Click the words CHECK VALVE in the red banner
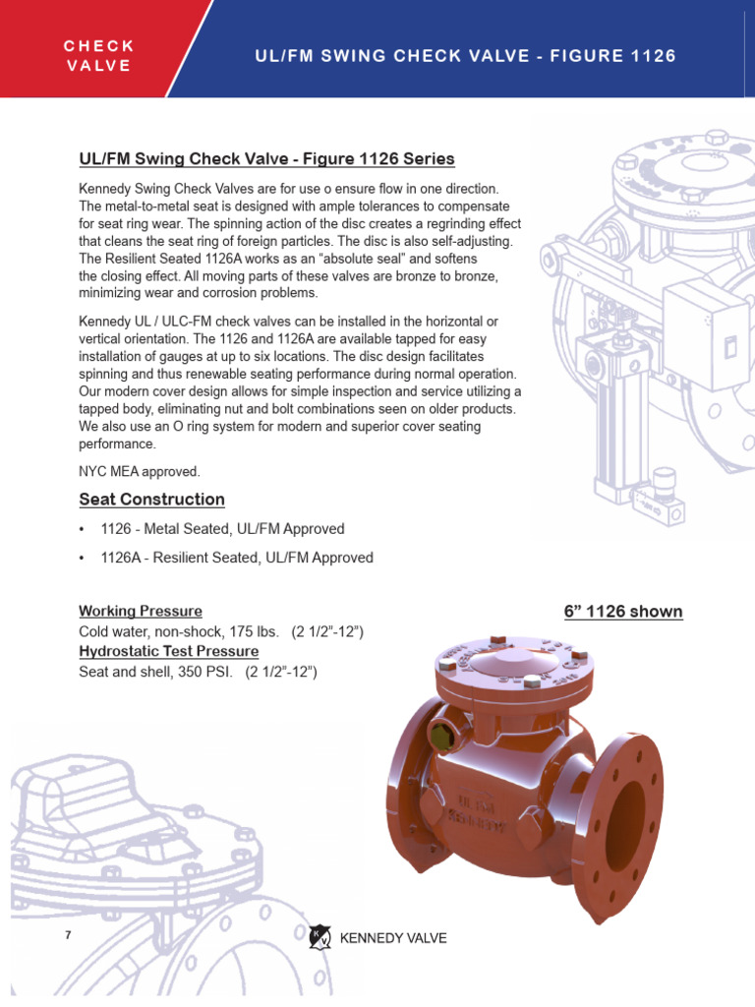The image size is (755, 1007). pyautogui.click(x=98, y=56)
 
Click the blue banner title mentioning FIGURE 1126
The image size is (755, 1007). pyautogui.click(x=465, y=56)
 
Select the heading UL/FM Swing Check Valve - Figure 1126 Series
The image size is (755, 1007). pyautogui.click(x=266, y=159)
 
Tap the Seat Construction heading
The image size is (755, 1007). pyautogui.click(x=151, y=499)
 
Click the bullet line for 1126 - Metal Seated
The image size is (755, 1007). pyautogui.click(x=222, y=529)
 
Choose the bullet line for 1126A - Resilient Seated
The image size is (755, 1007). pyautogui.click(x=236, y=558)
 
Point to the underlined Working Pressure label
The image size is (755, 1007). pyautogui.click(x=141, y=611)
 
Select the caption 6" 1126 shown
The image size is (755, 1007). pyautogui.click(x=623, y=612)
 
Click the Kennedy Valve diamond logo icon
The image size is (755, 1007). pyautogui.click(x=319, y=937)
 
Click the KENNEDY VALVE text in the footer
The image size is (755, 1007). pyautogui.click(x=393, y=938)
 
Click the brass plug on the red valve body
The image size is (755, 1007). pyautogui.click(x=439, y=733)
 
